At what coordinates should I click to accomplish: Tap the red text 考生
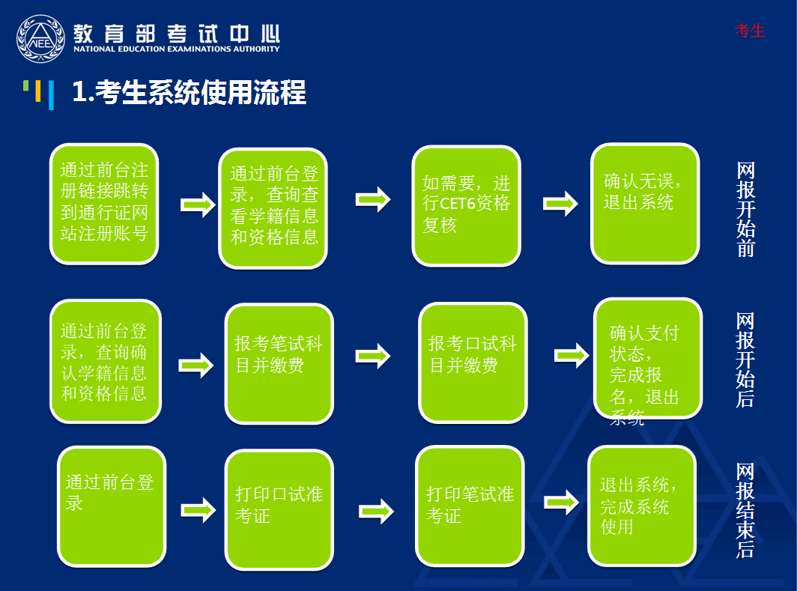(750, 31)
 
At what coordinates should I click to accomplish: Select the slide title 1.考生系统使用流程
(189, 93)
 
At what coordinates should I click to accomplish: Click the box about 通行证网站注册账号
(104, 204)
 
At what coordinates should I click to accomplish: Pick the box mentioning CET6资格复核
(466, 205)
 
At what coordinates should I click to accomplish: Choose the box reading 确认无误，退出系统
(644, 203)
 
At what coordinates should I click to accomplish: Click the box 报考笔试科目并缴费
(279, 363)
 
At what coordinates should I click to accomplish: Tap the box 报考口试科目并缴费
(472, 363)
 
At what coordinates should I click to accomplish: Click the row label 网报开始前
(745, 210)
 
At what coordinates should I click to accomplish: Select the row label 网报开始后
(745, 360)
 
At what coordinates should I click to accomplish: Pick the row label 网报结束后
(745, 509)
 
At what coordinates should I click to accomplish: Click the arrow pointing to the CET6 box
(372, 200)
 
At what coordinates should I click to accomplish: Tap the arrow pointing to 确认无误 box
(560, 203)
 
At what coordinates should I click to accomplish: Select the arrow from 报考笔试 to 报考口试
(372, 357)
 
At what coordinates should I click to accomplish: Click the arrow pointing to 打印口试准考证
(198, 511)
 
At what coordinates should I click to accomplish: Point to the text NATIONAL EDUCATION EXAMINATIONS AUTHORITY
(177, 49)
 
